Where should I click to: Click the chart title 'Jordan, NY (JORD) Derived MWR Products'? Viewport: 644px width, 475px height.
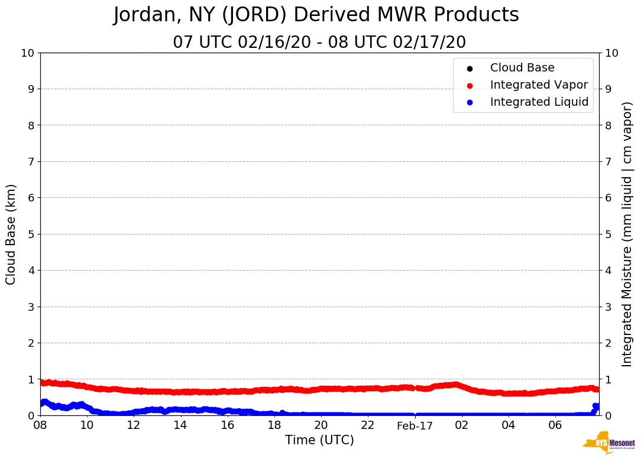[x=316, y=15]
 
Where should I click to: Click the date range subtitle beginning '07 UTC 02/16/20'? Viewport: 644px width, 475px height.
[x=319, y=43]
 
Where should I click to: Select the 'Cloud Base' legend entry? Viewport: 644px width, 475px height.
[x=522, y=68]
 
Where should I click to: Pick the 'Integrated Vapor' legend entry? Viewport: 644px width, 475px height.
[x=539, y=85]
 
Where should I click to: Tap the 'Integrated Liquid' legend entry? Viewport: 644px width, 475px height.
[x=539, y=102]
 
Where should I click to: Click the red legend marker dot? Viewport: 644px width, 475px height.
[x=470, y=85]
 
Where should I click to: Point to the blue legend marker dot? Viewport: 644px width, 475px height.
[x=470, y=102]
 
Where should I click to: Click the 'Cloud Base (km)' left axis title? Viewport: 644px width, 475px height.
[x=11, y=234]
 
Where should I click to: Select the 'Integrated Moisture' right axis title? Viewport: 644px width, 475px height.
[x=627, y=234]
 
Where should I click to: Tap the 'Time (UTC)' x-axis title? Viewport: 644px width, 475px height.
[x=319, y=440]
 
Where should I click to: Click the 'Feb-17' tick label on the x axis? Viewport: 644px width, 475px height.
[x=415, y=426]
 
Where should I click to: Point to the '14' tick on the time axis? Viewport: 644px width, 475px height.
[x=180, y=425]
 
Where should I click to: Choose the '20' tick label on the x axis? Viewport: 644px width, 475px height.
[x=321, y=425]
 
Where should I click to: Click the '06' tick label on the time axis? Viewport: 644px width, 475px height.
[x=555, y=425]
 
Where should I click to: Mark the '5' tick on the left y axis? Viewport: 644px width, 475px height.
[x=30, y=234]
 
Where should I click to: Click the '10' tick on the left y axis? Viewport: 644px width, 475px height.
[x=27, y=53]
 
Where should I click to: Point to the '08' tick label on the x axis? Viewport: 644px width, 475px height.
[x=40, y=425]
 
